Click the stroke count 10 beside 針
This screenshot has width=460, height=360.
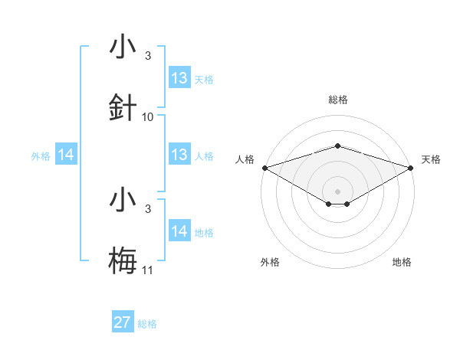(148, 117)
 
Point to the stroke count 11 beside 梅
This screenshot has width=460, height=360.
(148, 270)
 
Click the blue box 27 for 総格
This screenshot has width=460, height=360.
(123, 322)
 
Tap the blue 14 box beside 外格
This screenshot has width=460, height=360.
(66, 155)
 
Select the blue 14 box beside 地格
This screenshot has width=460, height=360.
(179, 231)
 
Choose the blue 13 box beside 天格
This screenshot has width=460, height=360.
(179, 78)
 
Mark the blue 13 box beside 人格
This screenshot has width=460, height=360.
(179, 155)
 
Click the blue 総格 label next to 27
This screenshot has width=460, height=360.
(147, 324)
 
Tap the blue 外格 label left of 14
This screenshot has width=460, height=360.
(41, 156)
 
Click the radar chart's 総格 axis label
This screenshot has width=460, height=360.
(337, 100)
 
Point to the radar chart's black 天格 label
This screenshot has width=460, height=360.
(432, 159)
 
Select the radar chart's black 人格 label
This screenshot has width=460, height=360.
(245, 159)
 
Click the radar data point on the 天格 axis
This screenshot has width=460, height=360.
(411, 167)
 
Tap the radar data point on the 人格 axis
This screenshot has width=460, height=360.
(264, 167)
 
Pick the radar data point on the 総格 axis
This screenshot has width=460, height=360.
(337, 146)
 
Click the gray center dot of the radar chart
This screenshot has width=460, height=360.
(337, 191)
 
